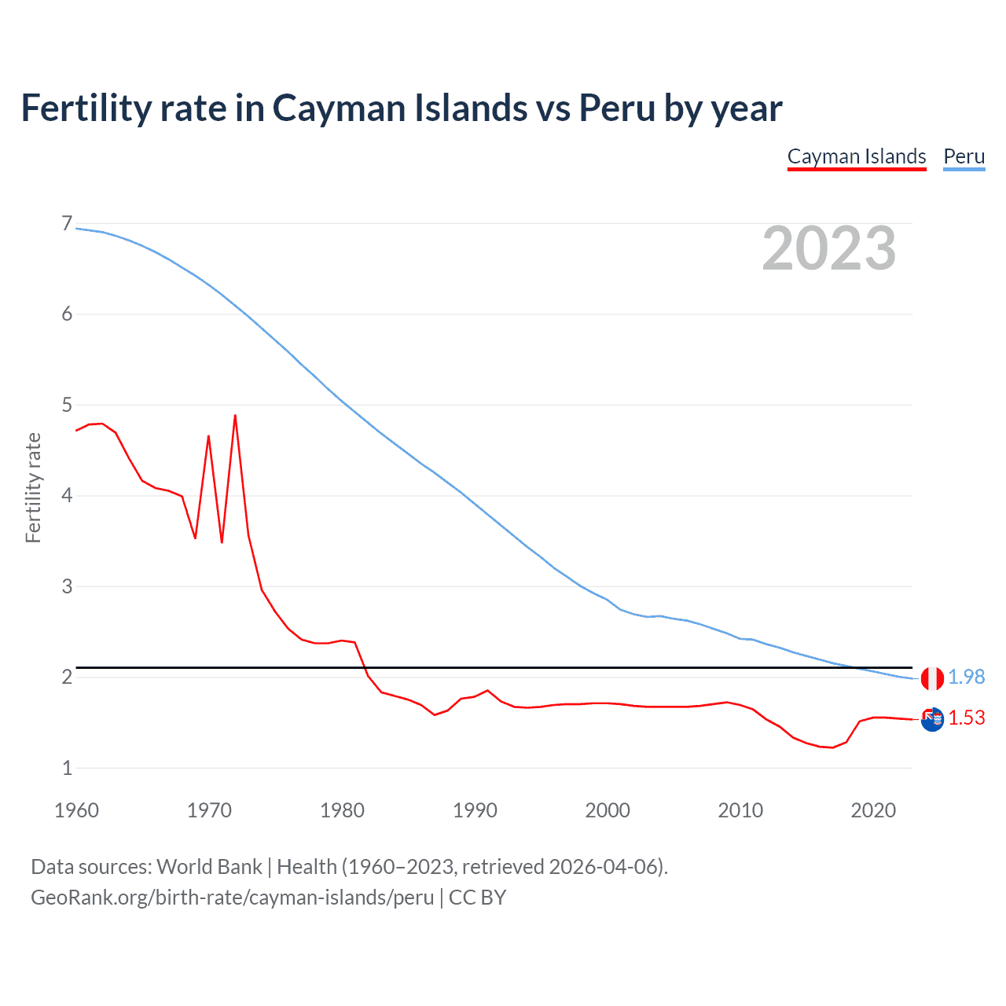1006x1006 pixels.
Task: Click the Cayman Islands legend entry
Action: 857,156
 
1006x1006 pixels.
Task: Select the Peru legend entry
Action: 964,156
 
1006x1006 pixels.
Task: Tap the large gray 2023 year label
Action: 828,248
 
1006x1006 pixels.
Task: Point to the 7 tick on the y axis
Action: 67,224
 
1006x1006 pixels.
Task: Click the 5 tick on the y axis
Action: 67,406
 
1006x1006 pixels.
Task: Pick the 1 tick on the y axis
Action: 67,768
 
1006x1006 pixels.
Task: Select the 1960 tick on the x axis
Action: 76,810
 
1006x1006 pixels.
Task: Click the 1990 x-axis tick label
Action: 475,810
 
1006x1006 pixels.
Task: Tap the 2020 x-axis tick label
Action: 873,810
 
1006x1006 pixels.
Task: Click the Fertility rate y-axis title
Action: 33,487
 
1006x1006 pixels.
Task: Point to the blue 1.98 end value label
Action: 966,677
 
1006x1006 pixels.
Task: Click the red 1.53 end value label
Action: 966,718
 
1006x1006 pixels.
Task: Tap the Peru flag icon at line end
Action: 932,677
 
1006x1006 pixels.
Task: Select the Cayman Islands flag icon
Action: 932,718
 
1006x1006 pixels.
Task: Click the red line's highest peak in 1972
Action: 235,416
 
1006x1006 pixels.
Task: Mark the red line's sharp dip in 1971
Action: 222,542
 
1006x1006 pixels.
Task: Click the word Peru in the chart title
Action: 617,108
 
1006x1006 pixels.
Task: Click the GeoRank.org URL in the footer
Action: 232,898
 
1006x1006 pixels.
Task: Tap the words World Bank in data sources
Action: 209,867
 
